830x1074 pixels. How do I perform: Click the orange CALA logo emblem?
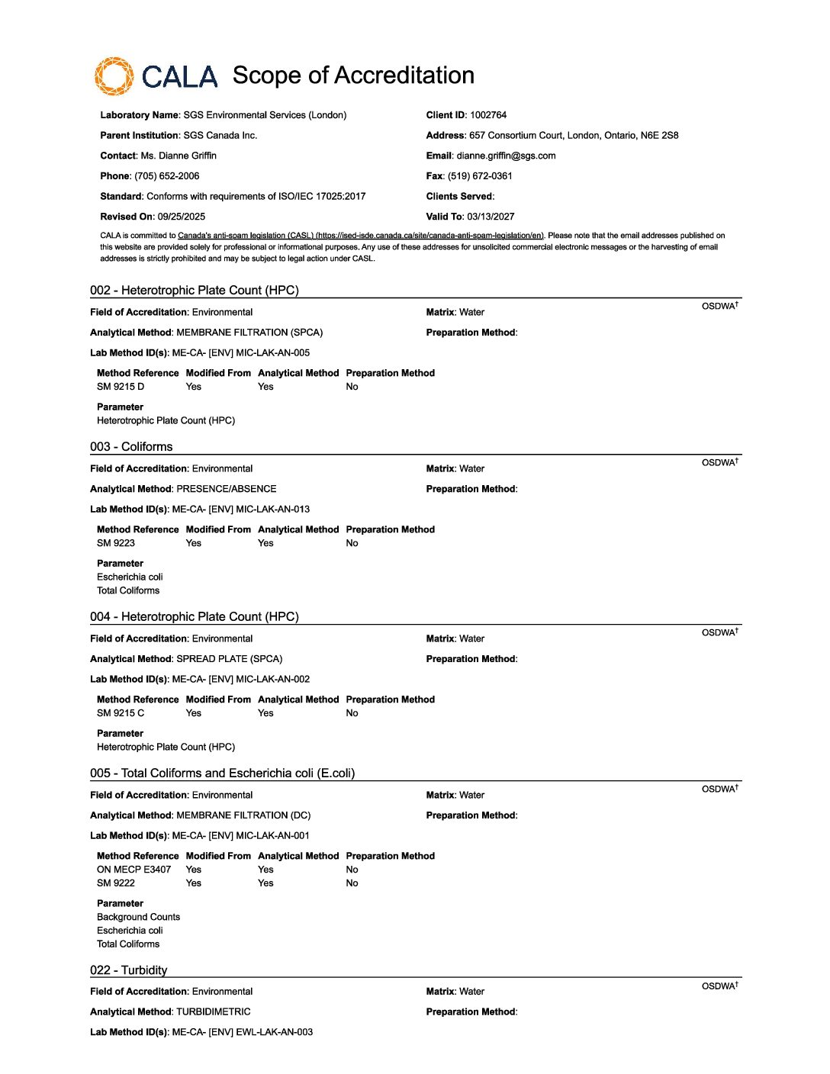click(114, 76)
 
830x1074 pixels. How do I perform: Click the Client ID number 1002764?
click(488, 115)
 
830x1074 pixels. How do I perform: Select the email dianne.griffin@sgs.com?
click(506, 156)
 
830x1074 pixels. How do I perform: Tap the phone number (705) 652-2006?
click(166, 176)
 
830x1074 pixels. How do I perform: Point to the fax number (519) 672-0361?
click(480, 176)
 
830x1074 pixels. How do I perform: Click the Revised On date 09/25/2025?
click(182, 217)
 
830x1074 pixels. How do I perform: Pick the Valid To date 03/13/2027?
click(491, 217)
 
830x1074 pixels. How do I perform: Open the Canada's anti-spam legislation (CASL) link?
click(360, 236)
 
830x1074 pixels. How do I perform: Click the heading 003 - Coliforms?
click(131, 447)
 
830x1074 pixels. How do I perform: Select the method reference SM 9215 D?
click(121, 387)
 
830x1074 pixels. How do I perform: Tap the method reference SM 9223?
click(116, 543)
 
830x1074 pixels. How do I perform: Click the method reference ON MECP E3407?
click(134, 870)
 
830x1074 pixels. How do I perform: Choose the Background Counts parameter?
click(138, 917)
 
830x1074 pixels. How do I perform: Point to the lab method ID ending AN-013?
click(241, 510)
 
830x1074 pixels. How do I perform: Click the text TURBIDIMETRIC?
click(214, 1012)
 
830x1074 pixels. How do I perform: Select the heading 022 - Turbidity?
click(128, 970)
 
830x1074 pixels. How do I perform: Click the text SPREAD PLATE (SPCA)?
click(230, 659)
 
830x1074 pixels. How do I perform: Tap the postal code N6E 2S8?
click(660, 136)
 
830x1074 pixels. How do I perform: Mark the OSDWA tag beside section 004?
click(719, 632)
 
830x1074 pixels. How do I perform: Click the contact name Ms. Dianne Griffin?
click(179, 156)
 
